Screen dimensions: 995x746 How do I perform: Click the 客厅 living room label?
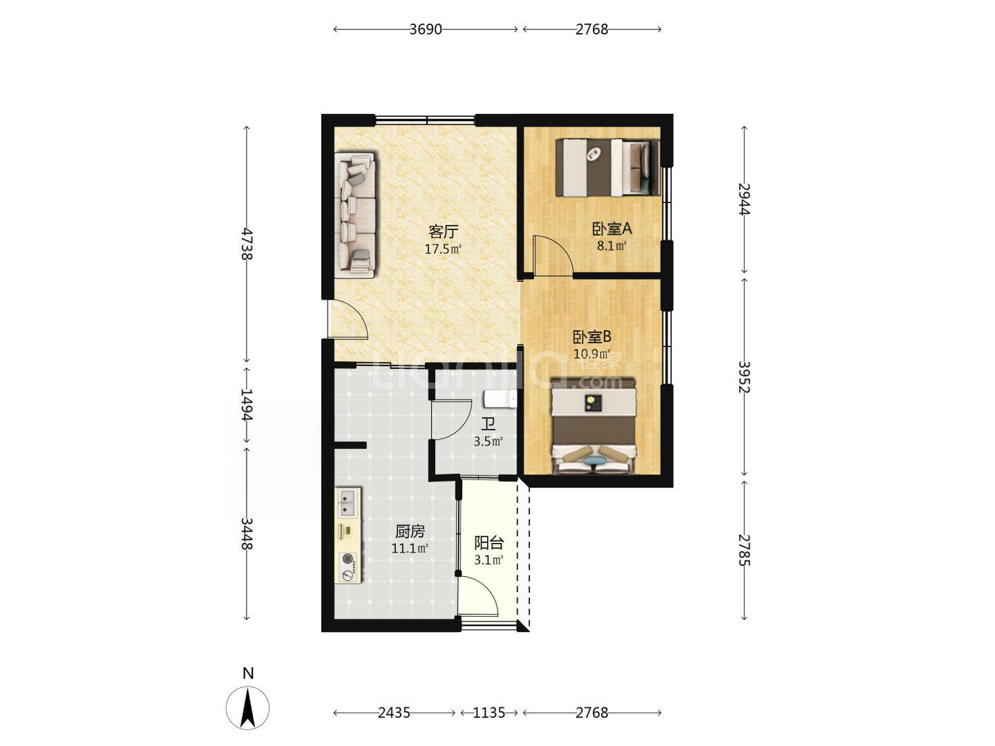pyautogui.click(x=443, y=231)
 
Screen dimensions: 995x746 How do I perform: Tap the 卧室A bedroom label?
pyautogui.click(x=612, y=229)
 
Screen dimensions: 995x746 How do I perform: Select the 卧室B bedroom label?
pyautogui.click(x=592, y=336)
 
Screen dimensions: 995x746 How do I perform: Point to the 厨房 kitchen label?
pyautogui.click(x=410, y=531)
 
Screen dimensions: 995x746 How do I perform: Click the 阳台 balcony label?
pyautogui.click(x=489, y=543)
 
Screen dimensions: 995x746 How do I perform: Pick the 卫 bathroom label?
pyautogui.click(x=488, y=424)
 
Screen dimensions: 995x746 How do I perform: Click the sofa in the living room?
pyautogui.click(x=355, y=215)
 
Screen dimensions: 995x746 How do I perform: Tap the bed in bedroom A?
pyautogui.click(x=608, y=168)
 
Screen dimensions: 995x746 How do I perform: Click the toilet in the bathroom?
pyautogui.click(x=500, y=399)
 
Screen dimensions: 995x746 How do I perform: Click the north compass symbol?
pyautogui.click(x=247, y=707)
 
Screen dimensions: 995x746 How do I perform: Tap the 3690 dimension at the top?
pyautogui.click(x=425, y=30)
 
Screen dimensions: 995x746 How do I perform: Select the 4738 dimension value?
pyautogui.click(x=247, y=244)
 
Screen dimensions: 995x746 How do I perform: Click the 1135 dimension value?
pyautogui.click(x=489, y=712)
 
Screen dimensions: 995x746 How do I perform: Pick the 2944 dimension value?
pyautogui.click(x=744, y=200)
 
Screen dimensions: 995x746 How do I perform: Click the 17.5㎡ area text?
pyautogui.click(x=443, y=249)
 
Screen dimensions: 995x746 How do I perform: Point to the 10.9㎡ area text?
pyautogui.click(x=591, y=354)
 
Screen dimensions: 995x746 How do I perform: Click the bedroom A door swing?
pyautogui.click(x=553, y=256)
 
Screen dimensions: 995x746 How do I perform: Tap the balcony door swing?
pyautogui.click(x=477, y=595)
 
